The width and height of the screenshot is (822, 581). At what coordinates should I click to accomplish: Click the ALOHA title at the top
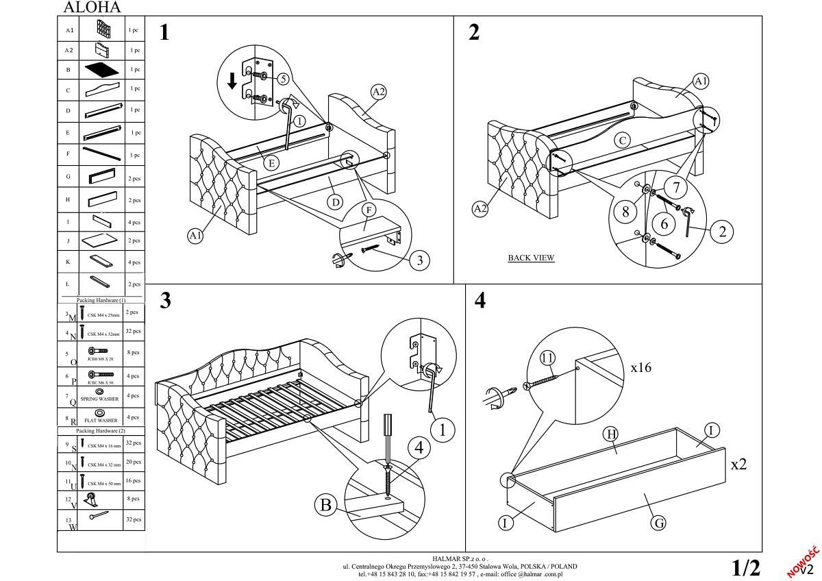coord(92,8)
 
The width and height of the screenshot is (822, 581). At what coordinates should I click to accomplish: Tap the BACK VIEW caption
coord(531,258)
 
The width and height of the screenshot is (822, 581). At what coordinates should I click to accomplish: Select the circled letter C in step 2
coord(622,141)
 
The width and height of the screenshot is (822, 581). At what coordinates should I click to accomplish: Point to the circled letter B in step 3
coord(326,506)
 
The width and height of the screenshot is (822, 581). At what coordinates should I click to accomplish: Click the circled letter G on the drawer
coord(658,523)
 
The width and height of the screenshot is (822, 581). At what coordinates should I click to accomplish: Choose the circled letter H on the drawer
coord(610,434)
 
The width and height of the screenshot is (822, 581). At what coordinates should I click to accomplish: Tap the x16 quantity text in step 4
coord(641,368)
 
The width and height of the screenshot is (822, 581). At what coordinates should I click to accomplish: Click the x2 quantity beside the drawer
coord(738,465)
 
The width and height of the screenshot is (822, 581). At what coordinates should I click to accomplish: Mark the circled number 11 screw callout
coord(547,358)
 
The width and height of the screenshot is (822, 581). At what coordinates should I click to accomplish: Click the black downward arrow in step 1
coord(232,81)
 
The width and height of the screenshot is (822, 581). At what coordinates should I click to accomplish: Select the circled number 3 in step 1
coord(420,260)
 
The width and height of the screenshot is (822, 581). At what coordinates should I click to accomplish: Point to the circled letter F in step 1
coord(369,210)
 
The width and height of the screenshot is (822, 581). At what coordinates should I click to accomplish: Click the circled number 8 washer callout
coord(625,211)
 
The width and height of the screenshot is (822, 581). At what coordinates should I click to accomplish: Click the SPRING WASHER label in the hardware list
coord(99,399)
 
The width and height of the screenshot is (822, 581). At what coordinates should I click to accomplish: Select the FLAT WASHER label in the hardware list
coord(101,420)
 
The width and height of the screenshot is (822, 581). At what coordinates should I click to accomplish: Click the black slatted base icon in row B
coord(103,69)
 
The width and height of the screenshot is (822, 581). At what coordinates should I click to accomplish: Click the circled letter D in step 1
coord(335,202)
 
